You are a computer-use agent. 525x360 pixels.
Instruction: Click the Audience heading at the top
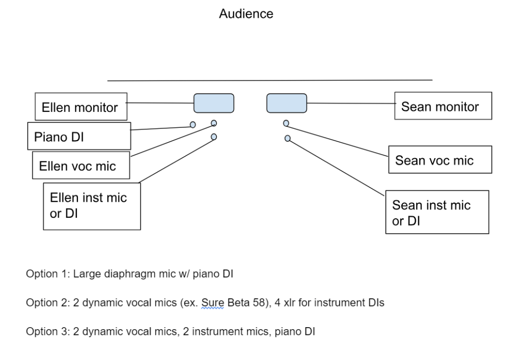coord(246,14)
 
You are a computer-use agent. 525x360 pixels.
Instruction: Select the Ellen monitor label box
coord(81,106)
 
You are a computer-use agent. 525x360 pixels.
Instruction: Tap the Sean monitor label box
coord(443,106)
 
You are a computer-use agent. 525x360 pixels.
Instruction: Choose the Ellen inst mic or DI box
coord(91,205)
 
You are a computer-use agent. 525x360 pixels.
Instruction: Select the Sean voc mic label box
coord(440,160)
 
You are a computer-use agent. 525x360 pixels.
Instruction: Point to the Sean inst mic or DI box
coord(437,212)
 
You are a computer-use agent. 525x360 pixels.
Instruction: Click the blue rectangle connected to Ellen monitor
coord(213,103)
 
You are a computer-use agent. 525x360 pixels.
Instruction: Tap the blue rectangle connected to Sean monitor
coord(286,103)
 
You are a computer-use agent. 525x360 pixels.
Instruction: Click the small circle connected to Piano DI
coord(193,125)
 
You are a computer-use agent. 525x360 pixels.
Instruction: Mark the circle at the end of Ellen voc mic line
coord(214,123)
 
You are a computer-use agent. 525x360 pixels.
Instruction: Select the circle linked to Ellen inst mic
coord(214,137)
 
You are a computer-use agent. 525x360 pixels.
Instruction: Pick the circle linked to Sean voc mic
coord(286,123)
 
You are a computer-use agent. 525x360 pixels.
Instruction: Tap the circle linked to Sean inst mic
coord(287,138)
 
